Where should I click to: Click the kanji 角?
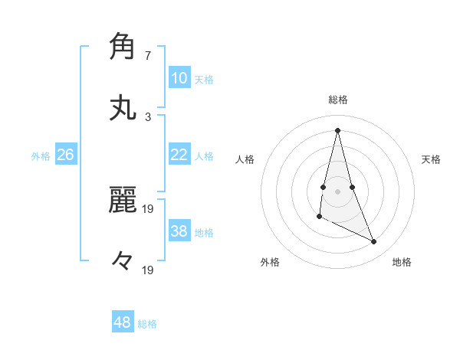[x=123, y=47]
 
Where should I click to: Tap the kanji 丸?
[x=123, y=108]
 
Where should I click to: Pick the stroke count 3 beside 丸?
[x=148, y=117]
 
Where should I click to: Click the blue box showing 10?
[x=179, y=78]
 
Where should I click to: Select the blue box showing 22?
[x=179, y=155]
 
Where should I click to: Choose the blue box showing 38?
[x=179, y=231]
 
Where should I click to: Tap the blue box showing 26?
[x=65, y=155]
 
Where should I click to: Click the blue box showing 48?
[x=123, y=322]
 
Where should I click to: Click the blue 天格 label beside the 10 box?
[x=204, y=79]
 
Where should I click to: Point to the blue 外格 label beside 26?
[x=41, y=155]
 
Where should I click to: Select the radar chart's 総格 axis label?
[x=338, y=100]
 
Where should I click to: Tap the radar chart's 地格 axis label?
[x=402, y=262]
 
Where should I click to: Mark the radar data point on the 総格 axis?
[x=337, y=130]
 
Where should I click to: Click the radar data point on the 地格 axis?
[x=374, y=242]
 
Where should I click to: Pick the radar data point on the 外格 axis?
[x=319, y=217]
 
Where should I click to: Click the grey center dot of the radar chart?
[x=337, y=191]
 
